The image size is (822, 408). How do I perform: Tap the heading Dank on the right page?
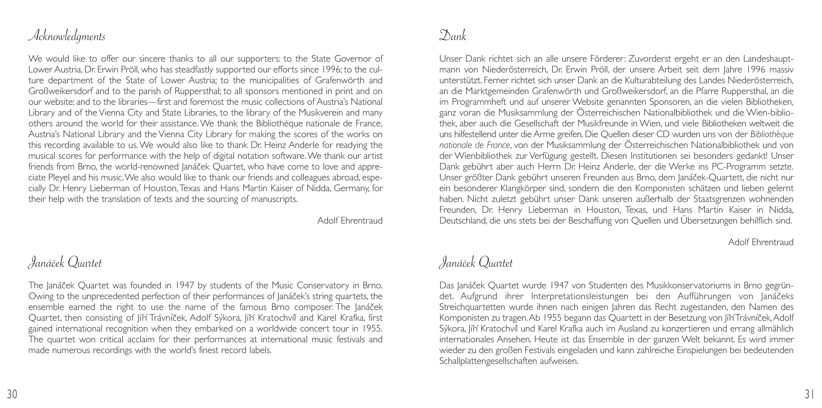click(452, 36)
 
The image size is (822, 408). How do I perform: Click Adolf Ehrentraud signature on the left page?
click(350, 221)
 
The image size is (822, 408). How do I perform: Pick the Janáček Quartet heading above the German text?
click(476, 263)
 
